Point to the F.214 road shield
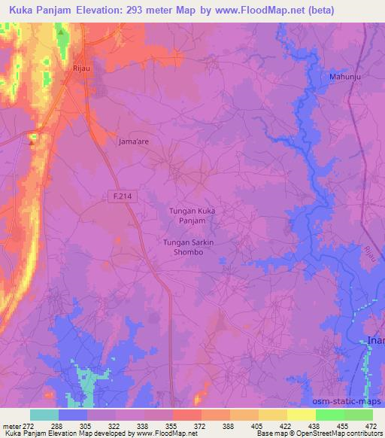point(114,195)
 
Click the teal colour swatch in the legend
point(44,415)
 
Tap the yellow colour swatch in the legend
point(273,415)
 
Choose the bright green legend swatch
point(330,415)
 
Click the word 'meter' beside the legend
point(12,426)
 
